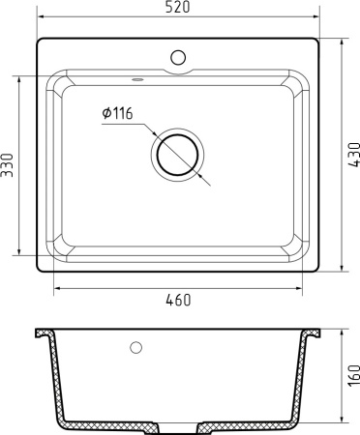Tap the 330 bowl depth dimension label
coord(9,165)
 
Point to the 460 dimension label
coord(177,300)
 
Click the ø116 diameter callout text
coord(116,115)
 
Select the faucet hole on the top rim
coord(177,56)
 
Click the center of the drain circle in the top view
coord(178,155)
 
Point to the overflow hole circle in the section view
coord(135,346)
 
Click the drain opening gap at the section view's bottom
coord(177,425)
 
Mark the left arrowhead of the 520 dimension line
coord(40,17)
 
